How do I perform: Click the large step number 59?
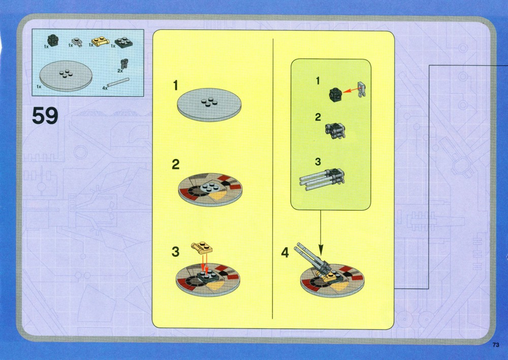tap(45, 116)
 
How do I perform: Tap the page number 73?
tap(496, 345)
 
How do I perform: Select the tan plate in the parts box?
tap(101, 42)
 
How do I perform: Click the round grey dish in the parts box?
tap(66, 76)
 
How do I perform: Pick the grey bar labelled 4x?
tap(118, 82)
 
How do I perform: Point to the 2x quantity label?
tap(120, 71)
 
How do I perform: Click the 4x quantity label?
tap(105, 88)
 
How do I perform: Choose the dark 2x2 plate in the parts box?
tap(124, 43)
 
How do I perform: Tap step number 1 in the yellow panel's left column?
tap(176, 85)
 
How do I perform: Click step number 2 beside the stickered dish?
tap(176, 165)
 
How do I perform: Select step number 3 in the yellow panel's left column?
tap(175, 251)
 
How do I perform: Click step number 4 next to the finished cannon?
tap(285, 252)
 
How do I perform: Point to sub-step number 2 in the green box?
tap(318, 117)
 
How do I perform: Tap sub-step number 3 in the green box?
tap(318, 161)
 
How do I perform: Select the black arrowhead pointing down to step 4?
tap(321, 250)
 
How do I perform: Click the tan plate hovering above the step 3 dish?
tap(202, 248)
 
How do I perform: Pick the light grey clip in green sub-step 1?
tap(362, 89)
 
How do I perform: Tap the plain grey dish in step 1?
tap(209, 104)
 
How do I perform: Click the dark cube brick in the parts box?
tap(53, 40)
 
